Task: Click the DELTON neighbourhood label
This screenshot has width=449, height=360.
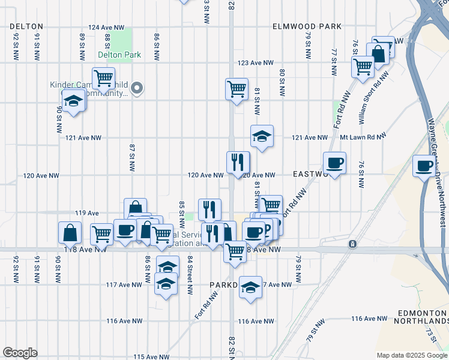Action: coord(26,26)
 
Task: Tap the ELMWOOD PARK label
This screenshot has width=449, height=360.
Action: coord(307,26)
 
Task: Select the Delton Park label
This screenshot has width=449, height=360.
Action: coord(119,55)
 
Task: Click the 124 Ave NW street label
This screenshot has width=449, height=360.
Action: coord(106,28)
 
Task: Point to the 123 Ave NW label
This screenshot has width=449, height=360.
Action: coord(255,62)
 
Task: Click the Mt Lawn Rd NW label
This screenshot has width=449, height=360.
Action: coord(362,137)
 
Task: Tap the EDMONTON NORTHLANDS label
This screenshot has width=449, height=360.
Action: coord(423,318)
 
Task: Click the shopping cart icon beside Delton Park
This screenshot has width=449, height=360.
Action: coord(104,78)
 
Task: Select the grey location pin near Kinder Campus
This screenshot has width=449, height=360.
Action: coord(137,88)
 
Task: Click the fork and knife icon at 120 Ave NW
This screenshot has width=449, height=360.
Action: coord(238,161)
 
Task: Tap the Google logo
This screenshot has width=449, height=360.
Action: coord(20,353)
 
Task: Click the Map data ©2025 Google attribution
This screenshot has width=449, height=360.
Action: coord(411,355)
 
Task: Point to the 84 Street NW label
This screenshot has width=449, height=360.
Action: coord(190,275)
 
